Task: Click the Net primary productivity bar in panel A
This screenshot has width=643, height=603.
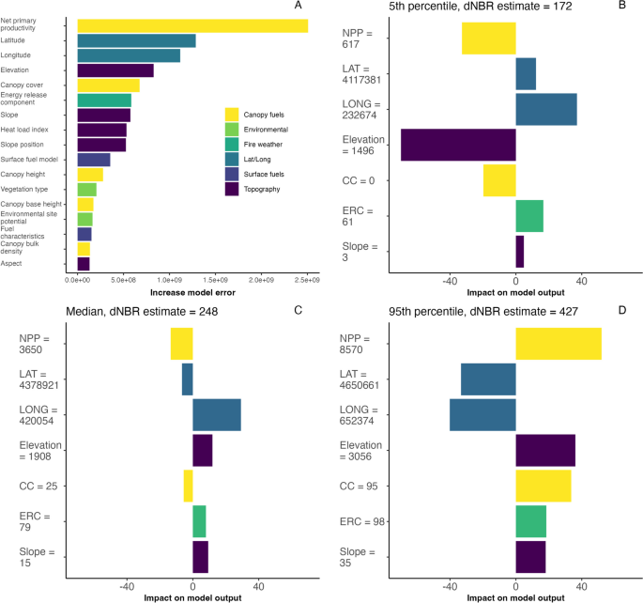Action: pyautogui.click(x=192, y=25)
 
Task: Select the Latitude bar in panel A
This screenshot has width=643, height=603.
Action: pyautogui.click(x=136, y=40)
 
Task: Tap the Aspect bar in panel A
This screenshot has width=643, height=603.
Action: pyautogui.click(x=84, y=263)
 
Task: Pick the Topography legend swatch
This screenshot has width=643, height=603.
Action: pyautogui.click(x=231, y=189)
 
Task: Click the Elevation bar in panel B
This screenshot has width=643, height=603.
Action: pyautogui.click(x=458, y=145)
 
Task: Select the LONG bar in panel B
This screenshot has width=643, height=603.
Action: pyautogui.click(x=546, y=109)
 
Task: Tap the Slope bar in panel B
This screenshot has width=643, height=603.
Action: pyautogui.click(x=520, y=252)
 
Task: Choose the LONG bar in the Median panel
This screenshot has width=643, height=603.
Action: pyautogui.click(x=217, y=415)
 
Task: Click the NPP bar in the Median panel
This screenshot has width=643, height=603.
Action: pyautogui.click(x=181, y=344)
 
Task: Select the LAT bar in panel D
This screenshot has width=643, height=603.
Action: pyautogui.click(x=488, y=379)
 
